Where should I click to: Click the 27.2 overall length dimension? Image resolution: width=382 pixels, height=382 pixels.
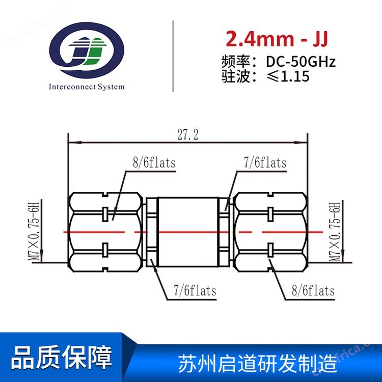coord(188,135)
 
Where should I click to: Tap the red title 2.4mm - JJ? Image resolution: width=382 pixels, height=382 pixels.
coord(277,39)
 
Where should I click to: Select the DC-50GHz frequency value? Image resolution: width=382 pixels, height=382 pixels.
coord(301,62)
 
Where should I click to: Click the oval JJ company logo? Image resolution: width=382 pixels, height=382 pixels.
coord(87,50)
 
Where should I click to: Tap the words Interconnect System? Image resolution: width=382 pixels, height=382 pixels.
coord(87,87)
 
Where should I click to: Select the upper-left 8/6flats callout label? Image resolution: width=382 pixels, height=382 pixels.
coord(154,162)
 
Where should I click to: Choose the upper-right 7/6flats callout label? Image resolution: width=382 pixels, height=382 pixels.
coord(265,162)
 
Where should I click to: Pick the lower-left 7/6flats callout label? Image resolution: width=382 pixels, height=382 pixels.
coord(195,291)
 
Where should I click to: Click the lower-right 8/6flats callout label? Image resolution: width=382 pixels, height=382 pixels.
coord(313,291)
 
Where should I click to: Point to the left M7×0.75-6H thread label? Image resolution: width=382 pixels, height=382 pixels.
coord(34,231)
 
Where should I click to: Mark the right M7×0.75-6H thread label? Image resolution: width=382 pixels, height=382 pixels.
coord(335,232)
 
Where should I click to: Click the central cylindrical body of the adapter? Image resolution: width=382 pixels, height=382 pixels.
coord(188,232)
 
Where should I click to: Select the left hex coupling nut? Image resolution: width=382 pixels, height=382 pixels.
coord(105,232)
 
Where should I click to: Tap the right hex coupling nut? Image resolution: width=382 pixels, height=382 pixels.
coord(270,232)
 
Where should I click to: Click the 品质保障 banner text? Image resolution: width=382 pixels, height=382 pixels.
coord(62,358)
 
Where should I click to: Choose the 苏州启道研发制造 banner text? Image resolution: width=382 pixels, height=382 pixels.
coord(258,363)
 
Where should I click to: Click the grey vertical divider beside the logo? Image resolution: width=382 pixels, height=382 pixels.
coord(173,56)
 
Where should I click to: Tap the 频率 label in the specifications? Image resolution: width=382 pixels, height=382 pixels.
coord(235,62)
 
